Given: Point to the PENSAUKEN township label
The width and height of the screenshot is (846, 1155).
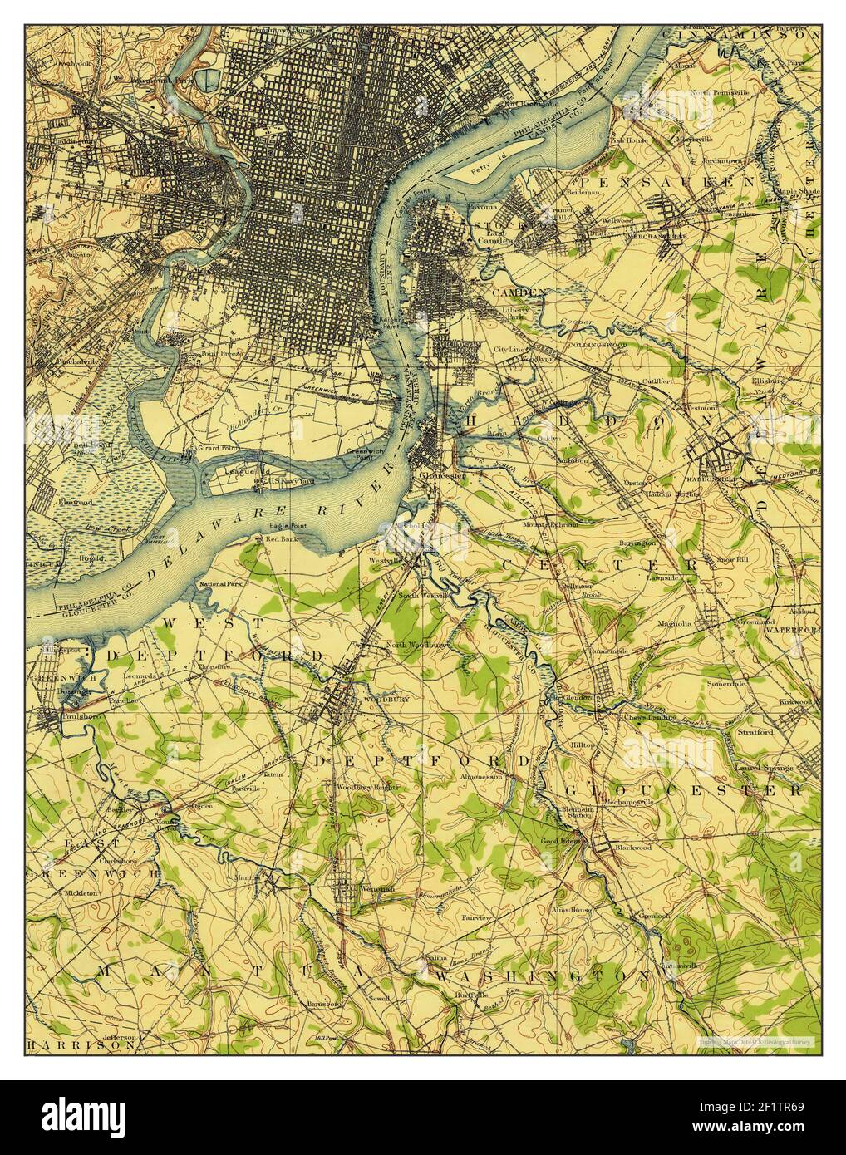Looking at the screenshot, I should tap(667, 180).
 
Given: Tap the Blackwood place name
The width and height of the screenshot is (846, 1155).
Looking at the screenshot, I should tap(632, 847).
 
